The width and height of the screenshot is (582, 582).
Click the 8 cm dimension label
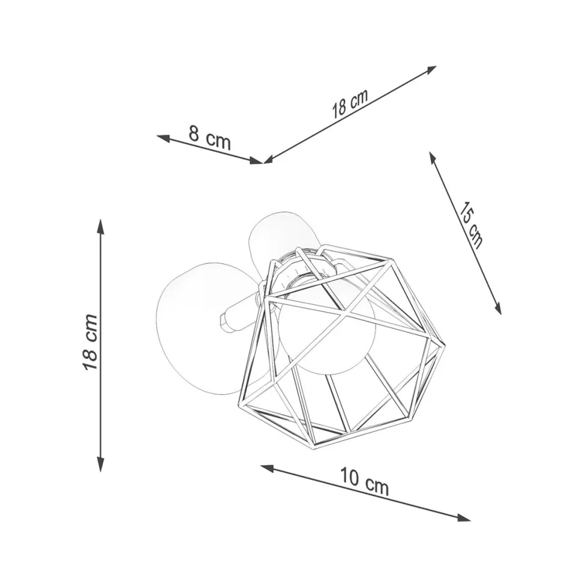pos(209,137)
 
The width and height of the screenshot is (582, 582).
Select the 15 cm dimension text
pos(470,226)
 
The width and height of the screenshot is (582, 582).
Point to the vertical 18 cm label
pos(90,342)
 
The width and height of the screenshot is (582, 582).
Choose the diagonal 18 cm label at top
pos(350,103)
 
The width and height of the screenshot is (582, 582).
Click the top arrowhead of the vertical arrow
pos(100,226)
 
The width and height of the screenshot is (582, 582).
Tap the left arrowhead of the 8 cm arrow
pos(163,138)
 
